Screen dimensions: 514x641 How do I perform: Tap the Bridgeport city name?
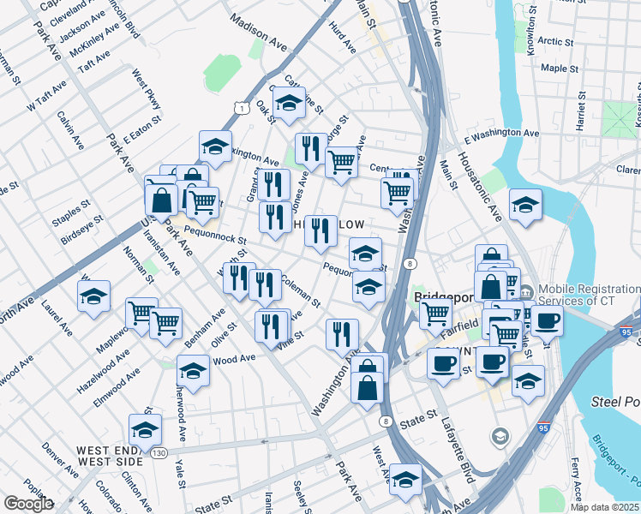click(x=444, y=298)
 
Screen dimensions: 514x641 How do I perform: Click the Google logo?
click(x=27, y=504)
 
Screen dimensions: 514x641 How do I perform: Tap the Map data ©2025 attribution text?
click(x=604, y=507)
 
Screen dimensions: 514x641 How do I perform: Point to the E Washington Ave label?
click(x=501, y=134)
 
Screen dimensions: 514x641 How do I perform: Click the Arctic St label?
click(x=556, y=41)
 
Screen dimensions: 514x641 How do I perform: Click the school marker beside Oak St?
click(x=290, y=104)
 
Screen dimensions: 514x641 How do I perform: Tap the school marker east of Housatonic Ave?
click(x=524, y=205)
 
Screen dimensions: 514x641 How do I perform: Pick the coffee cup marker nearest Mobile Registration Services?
click(x=548, y=321)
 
